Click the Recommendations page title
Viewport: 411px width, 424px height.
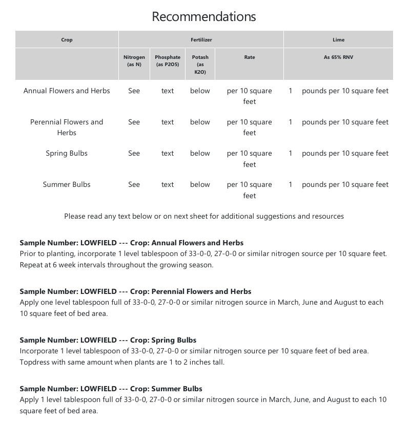[204, 16]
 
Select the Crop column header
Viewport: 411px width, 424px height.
[67, 40]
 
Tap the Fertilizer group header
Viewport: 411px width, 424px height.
[200, 40]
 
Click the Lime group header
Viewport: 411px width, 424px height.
[338, 40]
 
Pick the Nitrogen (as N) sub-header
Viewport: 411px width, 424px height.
[134, 61]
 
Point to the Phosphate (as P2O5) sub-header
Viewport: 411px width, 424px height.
[168, 61]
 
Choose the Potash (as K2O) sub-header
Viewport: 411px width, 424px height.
[200, 65]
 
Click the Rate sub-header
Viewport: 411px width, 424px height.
[250, 57]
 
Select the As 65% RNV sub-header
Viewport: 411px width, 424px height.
[338, 57]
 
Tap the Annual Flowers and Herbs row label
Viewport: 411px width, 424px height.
[67, 91]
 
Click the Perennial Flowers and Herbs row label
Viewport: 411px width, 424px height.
[67, 127]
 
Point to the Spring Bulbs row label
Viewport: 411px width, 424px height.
[67, 153]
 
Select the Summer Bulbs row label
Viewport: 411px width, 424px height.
[67, 184]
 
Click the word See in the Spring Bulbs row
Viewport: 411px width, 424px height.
[134, 153]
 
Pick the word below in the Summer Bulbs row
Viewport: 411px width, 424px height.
[200, 184]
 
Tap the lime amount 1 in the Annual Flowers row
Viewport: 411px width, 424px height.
[291, 91]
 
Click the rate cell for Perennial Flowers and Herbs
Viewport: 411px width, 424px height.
[250, 127]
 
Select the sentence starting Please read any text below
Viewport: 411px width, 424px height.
[204, 216]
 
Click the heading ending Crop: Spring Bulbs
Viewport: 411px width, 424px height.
[108, 340]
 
